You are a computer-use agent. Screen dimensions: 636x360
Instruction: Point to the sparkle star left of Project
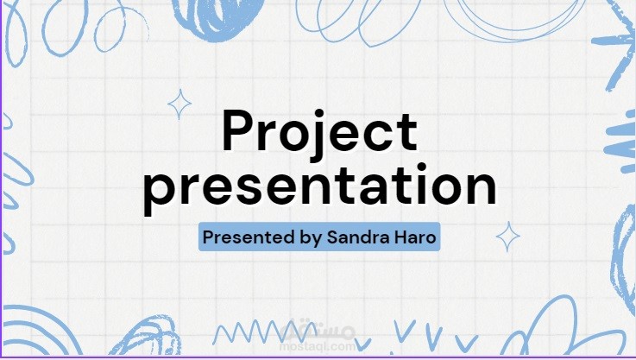pos(179,104)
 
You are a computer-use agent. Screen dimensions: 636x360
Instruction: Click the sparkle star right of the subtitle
pos(507,237)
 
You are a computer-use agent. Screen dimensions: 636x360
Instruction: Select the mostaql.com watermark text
pos(318,346)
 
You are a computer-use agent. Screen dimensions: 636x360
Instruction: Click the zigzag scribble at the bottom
pos(260,332)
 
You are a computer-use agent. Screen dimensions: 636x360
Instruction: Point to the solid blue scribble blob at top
pos(219,18)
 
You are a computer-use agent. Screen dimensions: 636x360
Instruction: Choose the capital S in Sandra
pos(333,237)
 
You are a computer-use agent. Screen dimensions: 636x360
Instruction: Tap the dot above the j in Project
pos(319,114)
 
